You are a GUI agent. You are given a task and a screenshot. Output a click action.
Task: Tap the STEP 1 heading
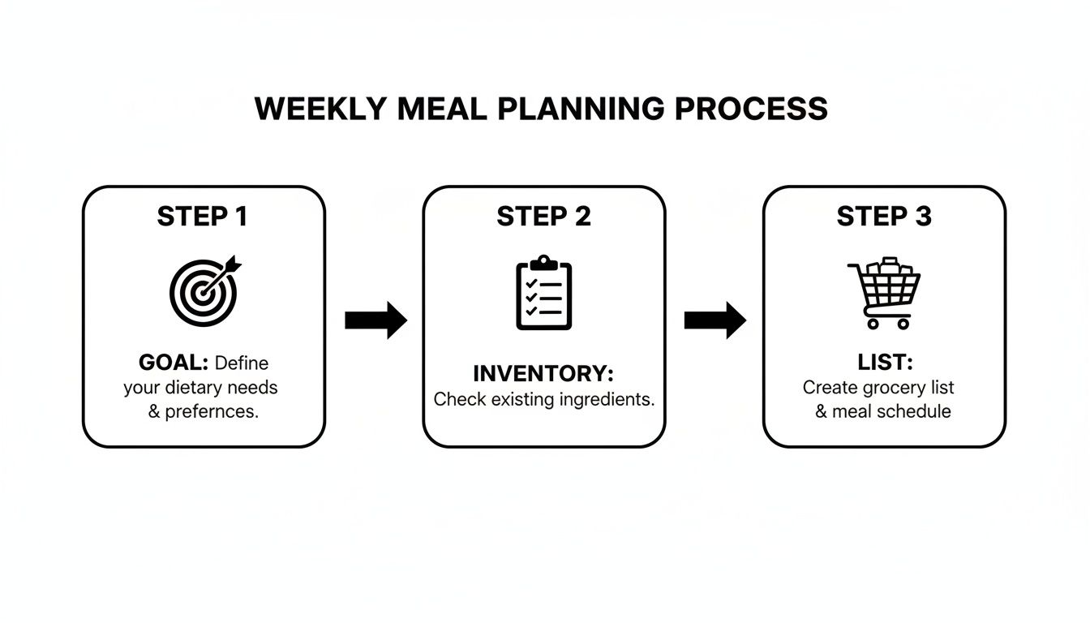(x=203, y=217)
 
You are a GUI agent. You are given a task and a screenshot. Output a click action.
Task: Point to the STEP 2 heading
(x=543, y=217)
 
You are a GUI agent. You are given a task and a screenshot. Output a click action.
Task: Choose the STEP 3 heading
(x=884, y=217)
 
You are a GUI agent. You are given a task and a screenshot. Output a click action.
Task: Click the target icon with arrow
(x=204, y=290)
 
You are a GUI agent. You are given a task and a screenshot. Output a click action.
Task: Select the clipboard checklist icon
(x=543, y=293)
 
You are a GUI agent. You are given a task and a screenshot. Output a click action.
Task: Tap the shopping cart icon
(x=883, y=293)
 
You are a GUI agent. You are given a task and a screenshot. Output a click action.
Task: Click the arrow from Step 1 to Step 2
(x=375, y=320)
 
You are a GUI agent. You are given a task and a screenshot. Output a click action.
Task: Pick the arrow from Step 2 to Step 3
(x=715, y=320)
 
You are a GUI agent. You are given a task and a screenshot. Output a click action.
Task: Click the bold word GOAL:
(x=174, y=363)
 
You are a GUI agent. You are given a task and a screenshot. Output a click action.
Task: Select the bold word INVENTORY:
(x=543, y=374)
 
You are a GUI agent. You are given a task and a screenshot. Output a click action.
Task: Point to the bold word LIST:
(x=885, y=363)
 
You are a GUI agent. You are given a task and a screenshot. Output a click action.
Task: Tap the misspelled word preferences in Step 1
(x=212, y=411)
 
